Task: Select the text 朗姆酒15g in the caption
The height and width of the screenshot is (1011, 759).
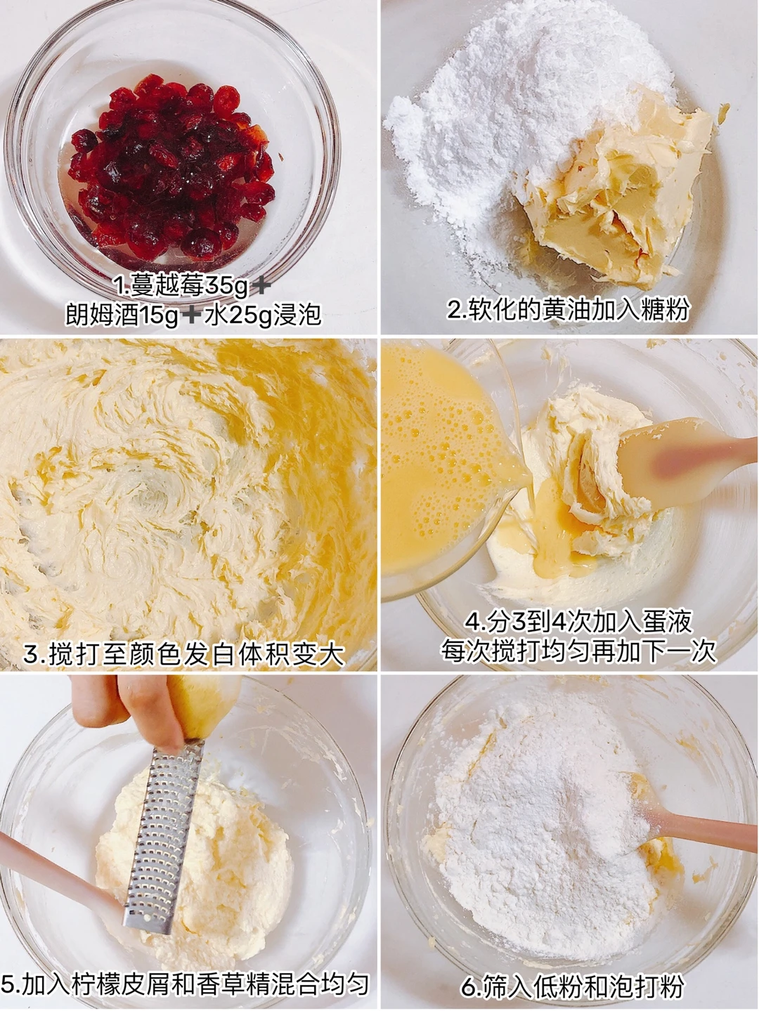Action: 122,315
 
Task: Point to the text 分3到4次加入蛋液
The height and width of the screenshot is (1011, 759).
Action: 578,623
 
